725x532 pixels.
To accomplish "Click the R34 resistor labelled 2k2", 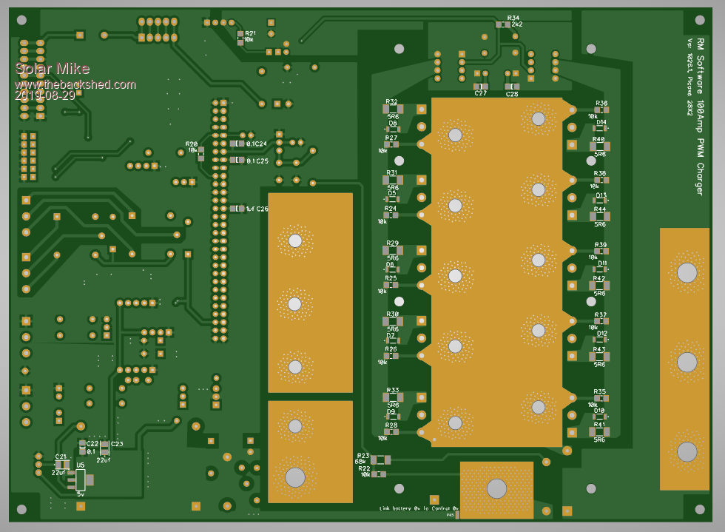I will (x=503, y=24).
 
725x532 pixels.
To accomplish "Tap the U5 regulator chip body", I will (x=81, y=480).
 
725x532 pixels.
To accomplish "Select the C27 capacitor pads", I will (x=481, y=87).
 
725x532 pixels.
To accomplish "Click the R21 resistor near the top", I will (x=240, y=38).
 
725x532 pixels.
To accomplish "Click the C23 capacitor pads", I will (x=105, y=447).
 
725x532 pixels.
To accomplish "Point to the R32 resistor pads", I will (x=392, y=109).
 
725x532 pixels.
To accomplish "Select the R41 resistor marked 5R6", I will (x=599, y=432).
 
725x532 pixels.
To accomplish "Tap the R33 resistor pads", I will (x=392, y=397).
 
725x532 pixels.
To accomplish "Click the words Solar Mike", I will (x=52, y=70).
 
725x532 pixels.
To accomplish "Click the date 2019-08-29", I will (x=44, y=95).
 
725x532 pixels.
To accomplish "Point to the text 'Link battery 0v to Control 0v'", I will (x=419, y=508).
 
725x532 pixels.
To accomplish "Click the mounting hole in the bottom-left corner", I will (x=21, y=509).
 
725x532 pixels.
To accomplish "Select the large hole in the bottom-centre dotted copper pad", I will (x=496, y=488).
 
